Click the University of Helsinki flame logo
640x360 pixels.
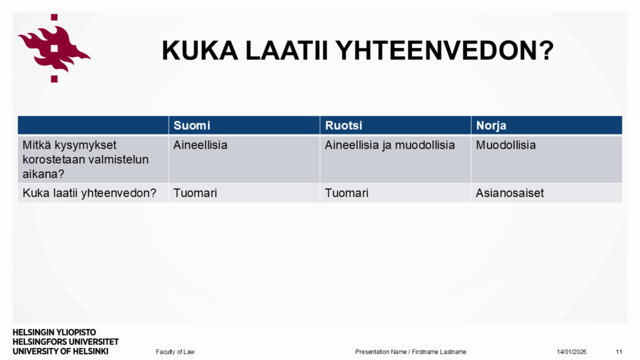click(x=54, y=48)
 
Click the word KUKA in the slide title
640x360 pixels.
click(x=199, y=51)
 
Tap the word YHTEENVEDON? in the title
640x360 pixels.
click(x=444, y=51)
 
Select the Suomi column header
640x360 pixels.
click(x=192, y=125)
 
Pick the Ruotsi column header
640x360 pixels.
click(x=343, y=125)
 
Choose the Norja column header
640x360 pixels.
click(x=491, y=126)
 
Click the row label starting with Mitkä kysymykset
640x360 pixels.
click(x=86, y=159)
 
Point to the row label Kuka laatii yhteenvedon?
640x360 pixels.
click(x=89, y=193)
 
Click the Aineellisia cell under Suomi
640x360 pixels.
click(x=200, y=145)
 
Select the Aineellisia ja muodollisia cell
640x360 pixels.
click(x=389, y=145)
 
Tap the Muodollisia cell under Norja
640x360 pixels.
click(x=506, y=145)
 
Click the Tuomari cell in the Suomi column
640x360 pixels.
click(x=195, y=193)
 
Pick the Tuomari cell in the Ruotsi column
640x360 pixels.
click(x=346, y=193)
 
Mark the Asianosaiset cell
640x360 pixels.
click(x=510, y=193)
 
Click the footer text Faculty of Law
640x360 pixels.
click(x=175, y=352)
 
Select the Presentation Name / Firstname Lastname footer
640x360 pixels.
click(x=411, y=352)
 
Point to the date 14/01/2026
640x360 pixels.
click(x=571, y=352)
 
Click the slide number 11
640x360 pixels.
click(x=619, y=352)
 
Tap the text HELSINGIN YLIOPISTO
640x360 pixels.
click(x=54, y=332)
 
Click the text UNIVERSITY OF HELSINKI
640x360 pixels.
click(x=61, y=351)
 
